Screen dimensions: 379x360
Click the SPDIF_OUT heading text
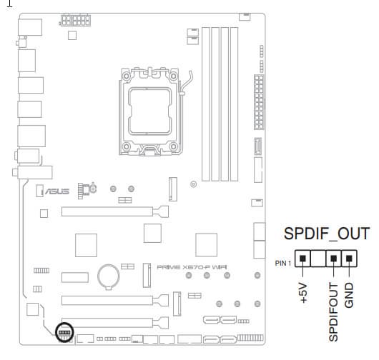coord(327,234)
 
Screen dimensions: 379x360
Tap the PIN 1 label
coord(283,263)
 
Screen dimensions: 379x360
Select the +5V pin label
coord(303,293)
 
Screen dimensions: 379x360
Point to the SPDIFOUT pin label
coord(333,312)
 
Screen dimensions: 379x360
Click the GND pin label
coord(349,295)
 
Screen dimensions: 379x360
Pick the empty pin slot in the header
coord(318,259)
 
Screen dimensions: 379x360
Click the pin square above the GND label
coord(349,259)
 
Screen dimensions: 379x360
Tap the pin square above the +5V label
coord(302,259)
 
